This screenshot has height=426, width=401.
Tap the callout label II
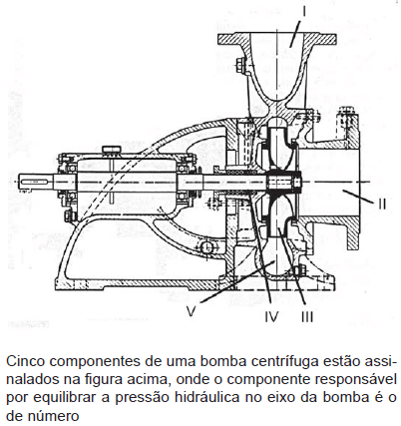(382, 204)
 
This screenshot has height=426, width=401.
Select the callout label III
(307, 316)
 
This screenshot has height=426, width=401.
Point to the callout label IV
(272, 316)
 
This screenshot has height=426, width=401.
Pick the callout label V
(191, 311)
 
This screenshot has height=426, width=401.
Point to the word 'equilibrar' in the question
(64, 398)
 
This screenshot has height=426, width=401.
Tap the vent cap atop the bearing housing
(111, 150)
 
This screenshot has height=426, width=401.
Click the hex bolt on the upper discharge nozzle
(241, 65)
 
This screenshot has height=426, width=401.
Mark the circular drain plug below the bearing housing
(206, 246)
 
